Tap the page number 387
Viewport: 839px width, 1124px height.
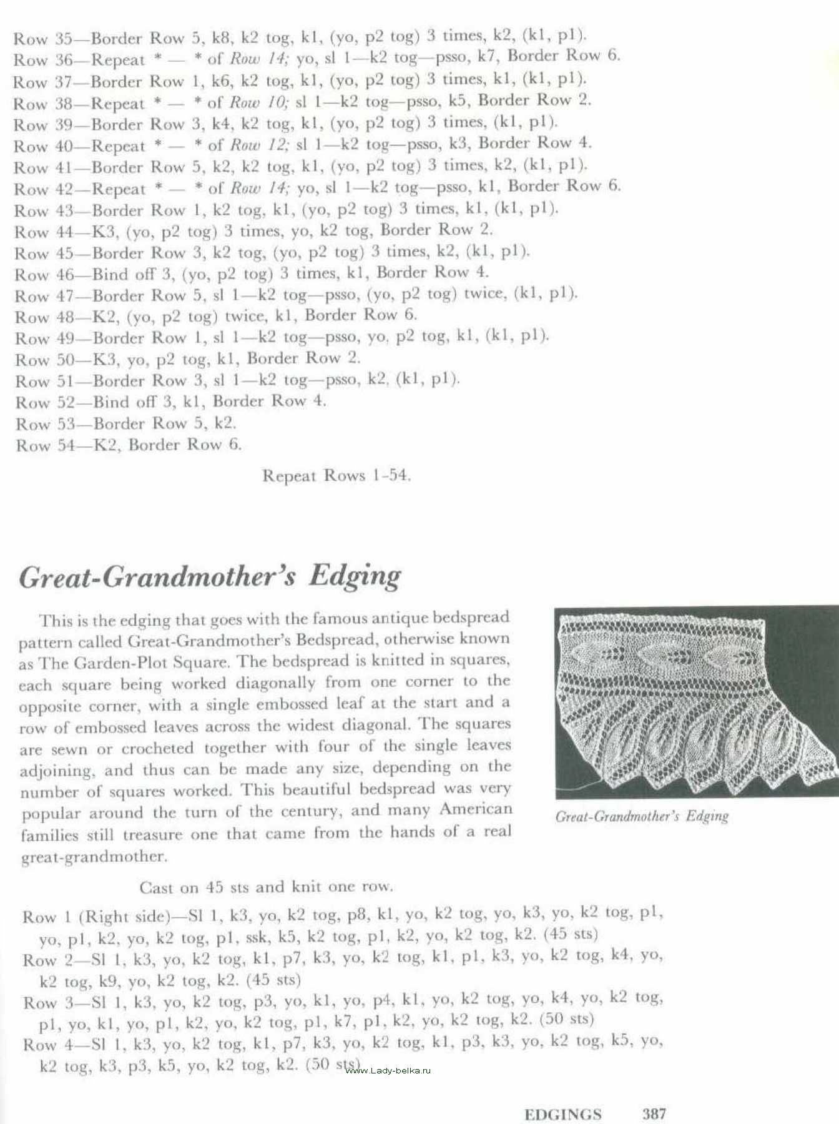point(654,1113)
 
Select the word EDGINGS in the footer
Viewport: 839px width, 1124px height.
point(563,1114)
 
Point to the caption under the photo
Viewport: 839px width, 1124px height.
point(642,816)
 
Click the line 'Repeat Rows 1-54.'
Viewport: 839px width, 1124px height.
point(336,476)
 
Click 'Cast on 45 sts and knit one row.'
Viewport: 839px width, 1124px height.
point(267,887)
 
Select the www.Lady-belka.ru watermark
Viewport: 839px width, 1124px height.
point(387,1070)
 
